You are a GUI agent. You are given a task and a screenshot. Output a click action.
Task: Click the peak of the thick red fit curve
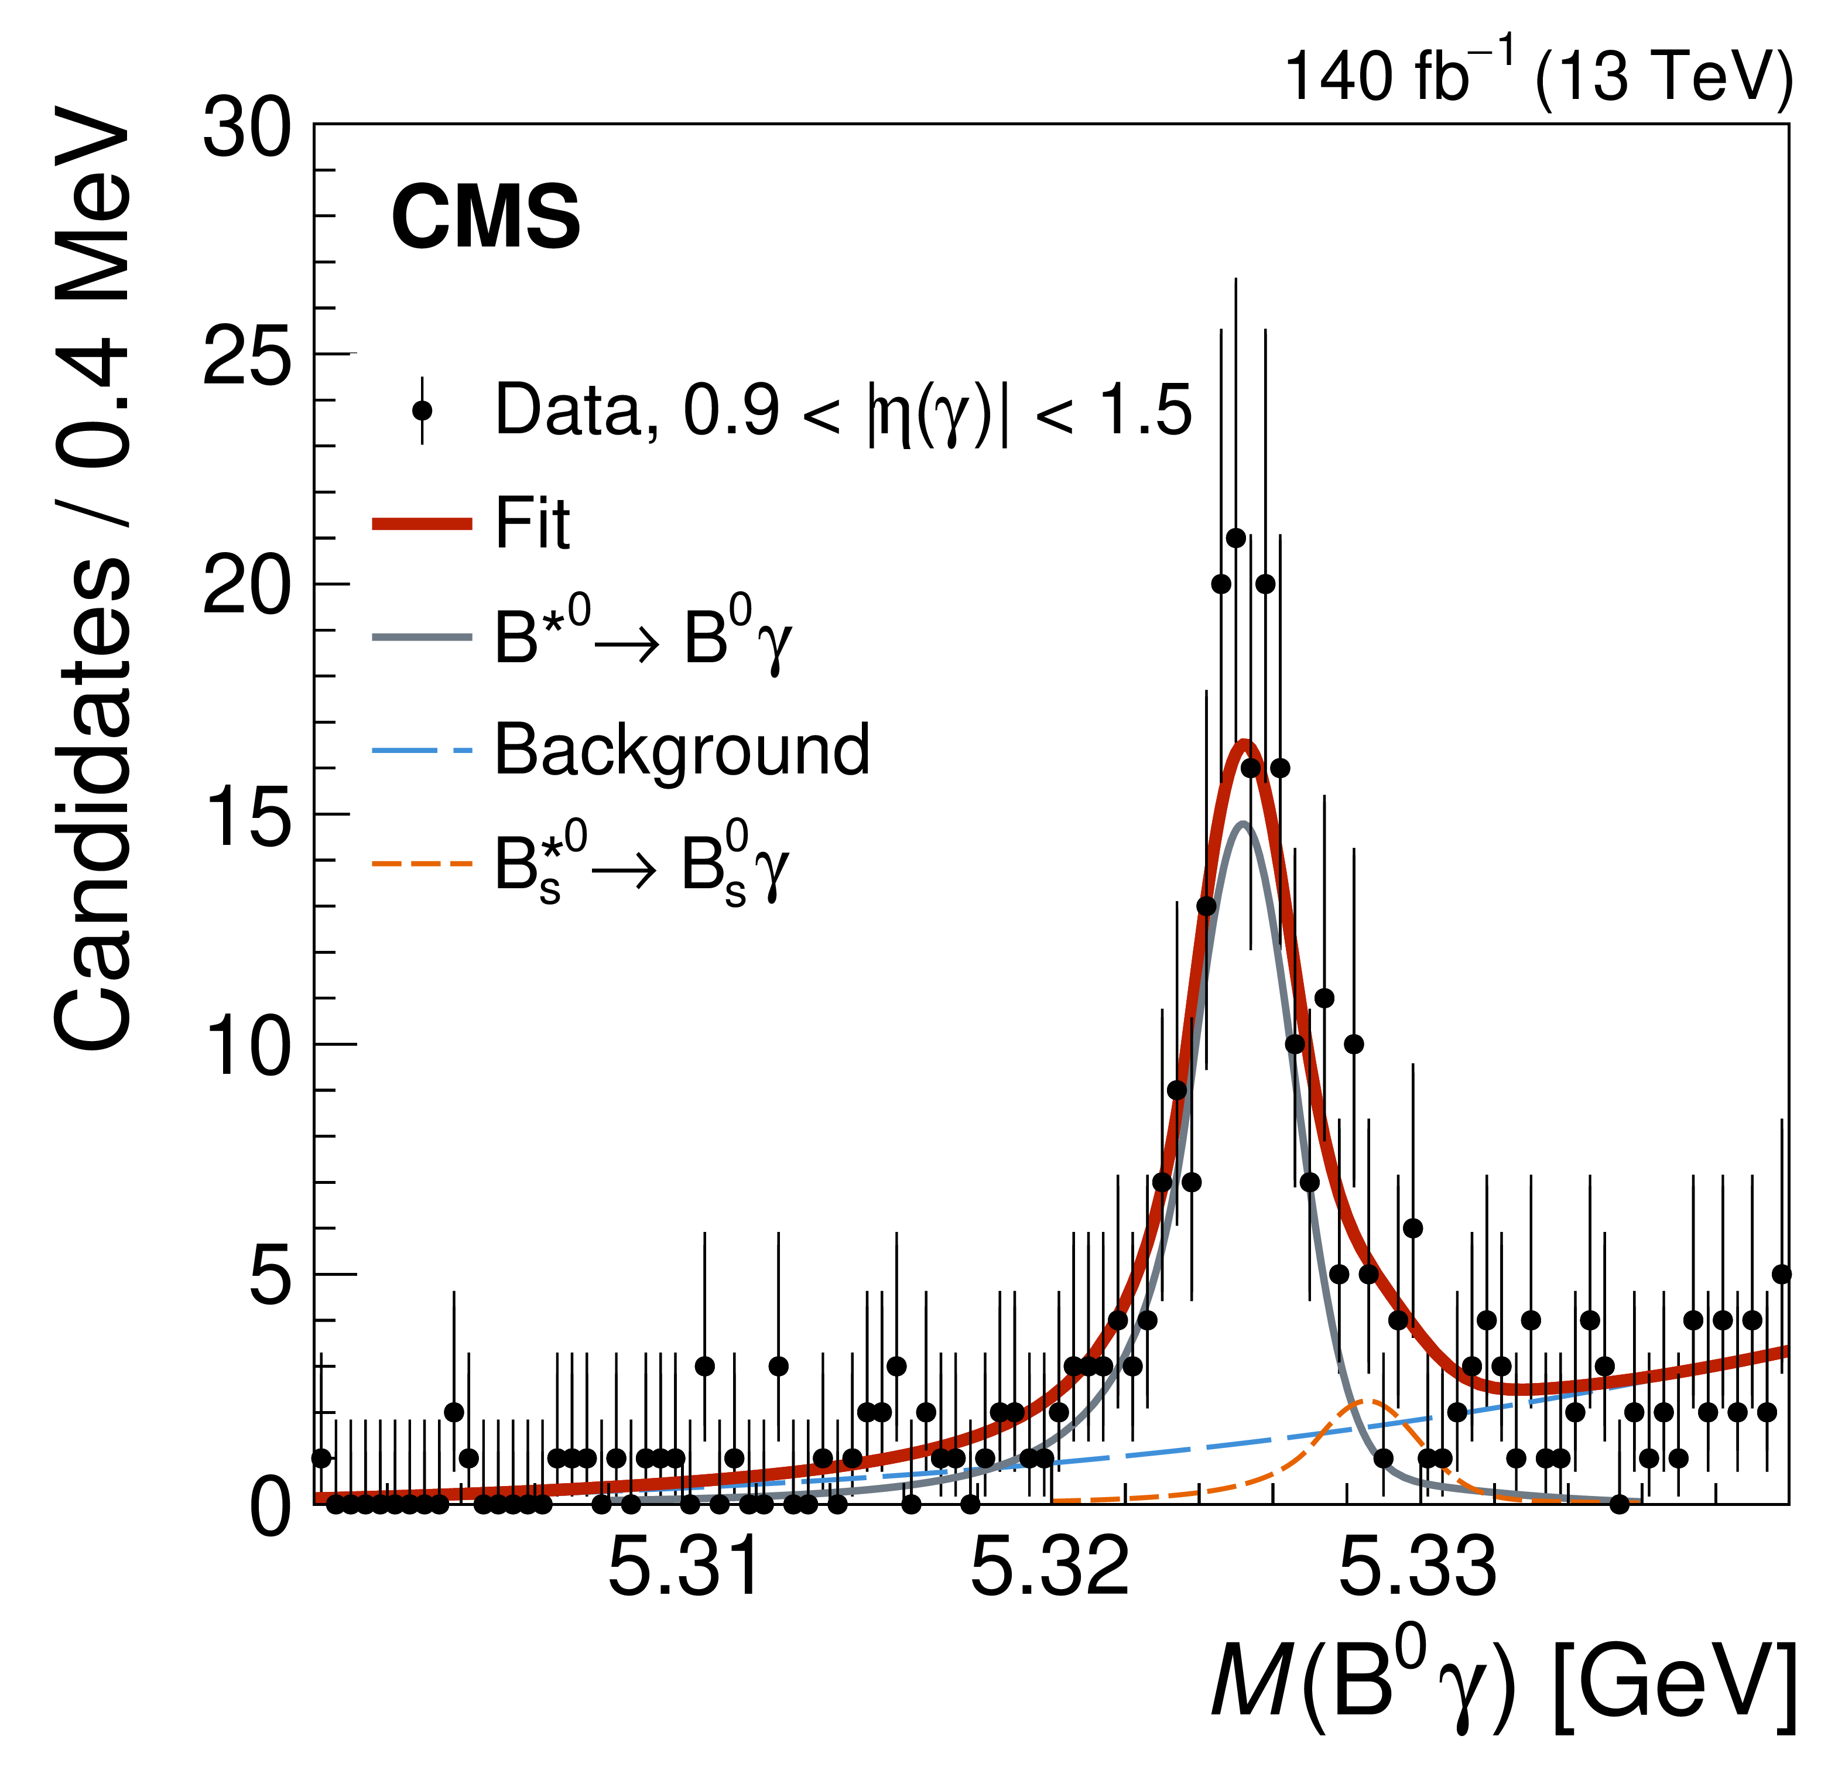click(x=1244, y=744)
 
